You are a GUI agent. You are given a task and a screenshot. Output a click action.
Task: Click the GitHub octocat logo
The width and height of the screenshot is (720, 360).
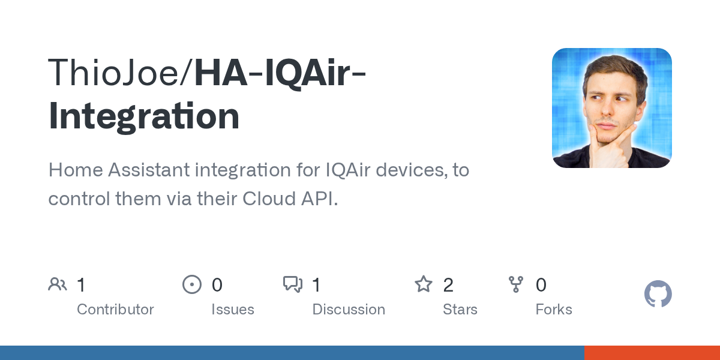tap(658, 294)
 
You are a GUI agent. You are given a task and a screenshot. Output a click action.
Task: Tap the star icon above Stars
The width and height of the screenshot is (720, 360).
tap(424, 284)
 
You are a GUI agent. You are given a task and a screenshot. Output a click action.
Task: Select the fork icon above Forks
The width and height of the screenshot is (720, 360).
tap(516, 284)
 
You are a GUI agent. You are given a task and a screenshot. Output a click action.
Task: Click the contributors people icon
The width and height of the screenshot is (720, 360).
tap(58, 284)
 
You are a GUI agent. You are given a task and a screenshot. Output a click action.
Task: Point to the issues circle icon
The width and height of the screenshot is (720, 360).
tap(192, 284)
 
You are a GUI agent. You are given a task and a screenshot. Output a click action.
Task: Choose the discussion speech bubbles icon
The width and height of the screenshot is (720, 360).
tap(293, 284)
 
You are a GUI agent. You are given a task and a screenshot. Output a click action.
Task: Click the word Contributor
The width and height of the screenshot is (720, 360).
tap(115, 310)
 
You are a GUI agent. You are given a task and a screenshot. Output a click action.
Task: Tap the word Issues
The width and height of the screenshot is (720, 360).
tap(233, 310)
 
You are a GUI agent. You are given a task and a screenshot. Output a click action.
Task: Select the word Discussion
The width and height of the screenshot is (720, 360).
tap(349, 310)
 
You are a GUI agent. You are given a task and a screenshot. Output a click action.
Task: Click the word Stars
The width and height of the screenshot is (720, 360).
tap(460, 310)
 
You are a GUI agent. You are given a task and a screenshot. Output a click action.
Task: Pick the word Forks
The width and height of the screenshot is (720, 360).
tap(554, 310)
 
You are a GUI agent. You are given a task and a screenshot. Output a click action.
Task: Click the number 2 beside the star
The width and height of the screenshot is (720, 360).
tap(448, 285)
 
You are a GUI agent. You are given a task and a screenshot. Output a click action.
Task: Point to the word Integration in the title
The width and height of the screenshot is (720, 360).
tap(144, 116)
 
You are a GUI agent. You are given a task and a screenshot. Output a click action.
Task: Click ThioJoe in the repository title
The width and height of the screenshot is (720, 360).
tap(113, 73)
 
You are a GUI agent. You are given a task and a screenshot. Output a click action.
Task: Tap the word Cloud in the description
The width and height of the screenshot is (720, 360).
tap(269, 199)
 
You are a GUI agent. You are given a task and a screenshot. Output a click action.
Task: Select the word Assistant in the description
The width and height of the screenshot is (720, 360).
tap(149, 170)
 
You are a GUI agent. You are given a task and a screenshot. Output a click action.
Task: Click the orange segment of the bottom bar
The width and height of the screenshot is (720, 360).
tap(652, 353)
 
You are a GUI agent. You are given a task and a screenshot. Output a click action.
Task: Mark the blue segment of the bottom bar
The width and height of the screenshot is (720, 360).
tap(292, 353)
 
